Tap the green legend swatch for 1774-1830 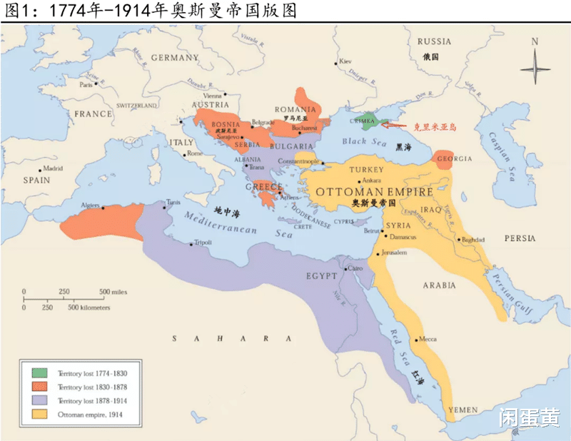(x=39, y=372)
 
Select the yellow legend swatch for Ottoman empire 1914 (x=39, y=415)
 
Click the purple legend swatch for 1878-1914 (x=39, y=400)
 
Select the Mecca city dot (x=417, y=339)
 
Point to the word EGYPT (x=322, y=276)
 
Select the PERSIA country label (x=519, y=238)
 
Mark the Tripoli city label (x=203, y=243)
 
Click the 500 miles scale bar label (x=113, y=292)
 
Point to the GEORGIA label (x=455, y=158)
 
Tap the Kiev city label (x=346, y=61)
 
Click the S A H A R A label (x=231, y=338)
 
